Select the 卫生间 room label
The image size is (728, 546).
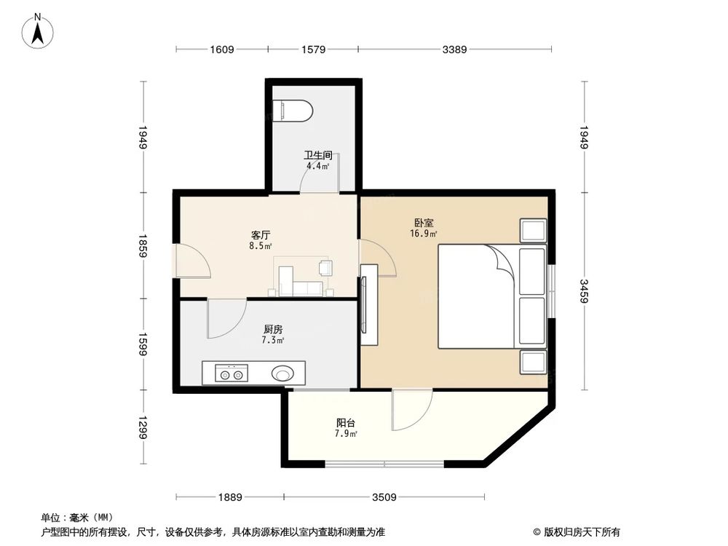click(x=317, y=155)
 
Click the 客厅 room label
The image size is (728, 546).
click(x=261, y=235)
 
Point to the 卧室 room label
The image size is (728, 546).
click(x=424, y=223)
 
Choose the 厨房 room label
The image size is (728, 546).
click(x=273, y=329)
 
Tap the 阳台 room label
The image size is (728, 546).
click(x=346, y=423)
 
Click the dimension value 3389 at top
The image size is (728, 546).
click(x=454, y=50)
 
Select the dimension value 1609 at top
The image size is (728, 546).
click(x=221, y=50)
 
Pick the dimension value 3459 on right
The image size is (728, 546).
click(x=584, y=290)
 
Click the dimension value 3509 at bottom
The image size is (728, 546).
click(x=384, y=497)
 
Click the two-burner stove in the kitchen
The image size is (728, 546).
click(x=232, y=374)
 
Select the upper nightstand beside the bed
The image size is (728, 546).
click(x=533, y=229)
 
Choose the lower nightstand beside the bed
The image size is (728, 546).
click(x=533, y=361)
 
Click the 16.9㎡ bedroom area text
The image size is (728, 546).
click(x=424, y=234)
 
